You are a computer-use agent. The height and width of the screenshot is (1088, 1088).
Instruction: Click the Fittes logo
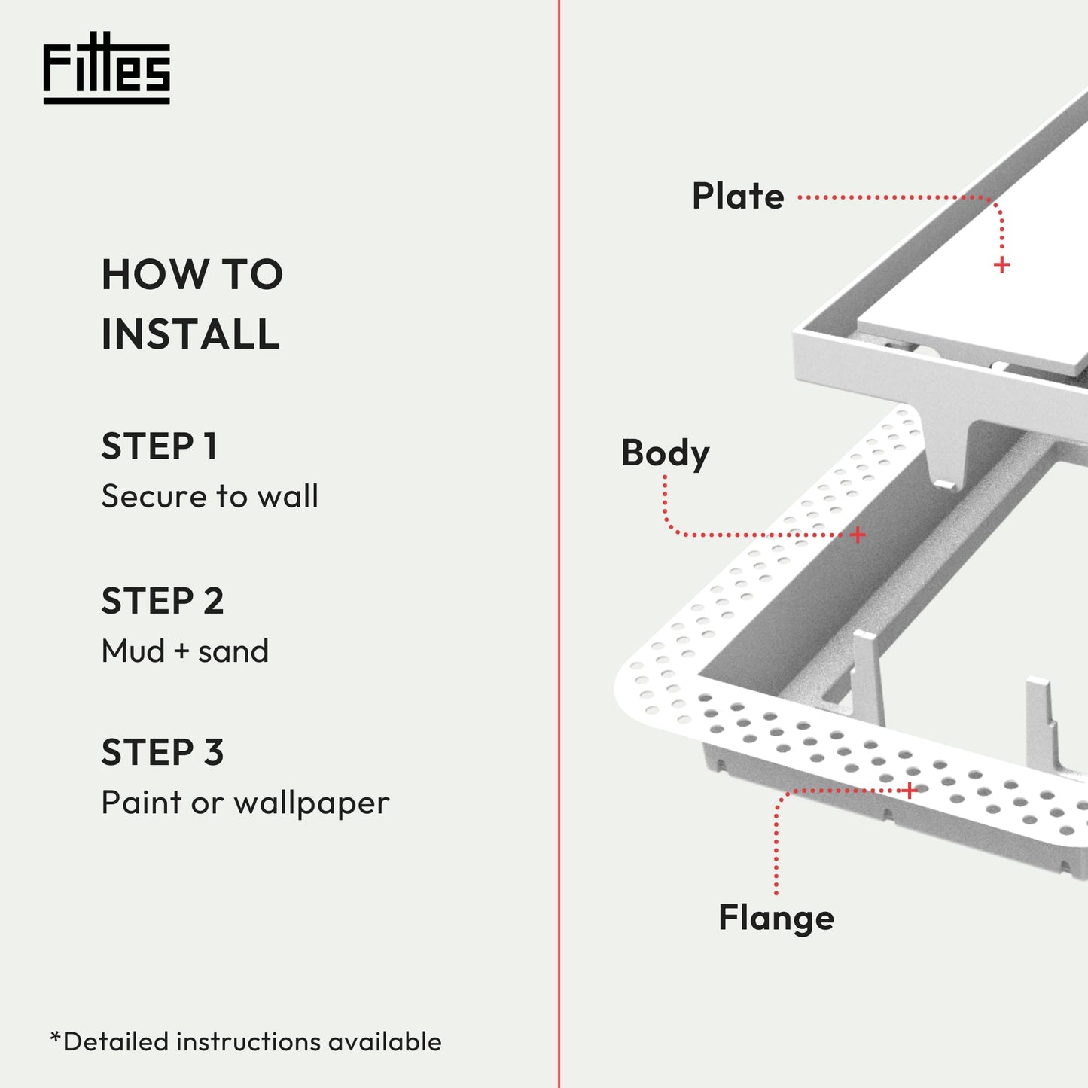coord(106,68)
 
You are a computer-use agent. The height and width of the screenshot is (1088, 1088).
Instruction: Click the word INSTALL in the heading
coord(190,334)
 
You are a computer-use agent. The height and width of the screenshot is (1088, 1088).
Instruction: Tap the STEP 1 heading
coord(160,446)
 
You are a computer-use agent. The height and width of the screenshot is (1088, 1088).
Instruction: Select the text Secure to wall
coord(210,496)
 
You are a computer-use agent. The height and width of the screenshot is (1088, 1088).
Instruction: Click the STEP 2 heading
coord(163,601)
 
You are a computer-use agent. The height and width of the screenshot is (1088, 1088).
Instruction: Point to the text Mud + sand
coord(185,651)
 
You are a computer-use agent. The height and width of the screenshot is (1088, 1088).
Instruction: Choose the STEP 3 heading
coord(163,753)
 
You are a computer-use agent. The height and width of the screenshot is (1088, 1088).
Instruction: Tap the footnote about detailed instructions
coord(246,1042)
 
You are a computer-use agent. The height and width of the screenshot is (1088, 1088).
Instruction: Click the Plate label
coord(738,197)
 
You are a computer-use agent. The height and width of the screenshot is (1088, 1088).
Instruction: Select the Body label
coord(665,453)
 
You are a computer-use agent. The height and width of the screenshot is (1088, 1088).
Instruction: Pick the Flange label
coord(776,918)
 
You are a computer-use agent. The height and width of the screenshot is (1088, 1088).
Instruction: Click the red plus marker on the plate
coord(1001,265)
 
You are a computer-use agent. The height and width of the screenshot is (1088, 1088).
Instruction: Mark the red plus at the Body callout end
coord(858,535)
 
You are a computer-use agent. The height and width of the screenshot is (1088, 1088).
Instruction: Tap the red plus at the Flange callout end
coord(910,791)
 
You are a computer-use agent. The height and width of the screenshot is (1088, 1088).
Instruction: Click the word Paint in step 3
coord(142,803)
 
